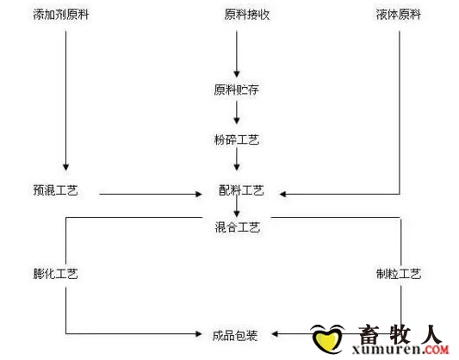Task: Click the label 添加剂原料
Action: point(60,15)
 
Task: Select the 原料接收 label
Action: point(247,15)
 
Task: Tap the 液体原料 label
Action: point(399,15)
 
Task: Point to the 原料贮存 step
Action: point(236,90)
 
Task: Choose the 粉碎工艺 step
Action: point(237,140)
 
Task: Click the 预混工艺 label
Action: point(55,190)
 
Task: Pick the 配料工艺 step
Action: point(241,190)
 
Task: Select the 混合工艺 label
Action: point(238,227)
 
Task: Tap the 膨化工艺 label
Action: point(55,274)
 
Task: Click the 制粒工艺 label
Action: point(399,274)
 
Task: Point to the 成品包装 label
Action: point(235,335)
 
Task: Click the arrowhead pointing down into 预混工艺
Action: point(65,167)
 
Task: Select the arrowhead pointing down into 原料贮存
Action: point(237,74)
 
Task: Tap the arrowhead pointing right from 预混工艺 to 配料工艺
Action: point(199,194)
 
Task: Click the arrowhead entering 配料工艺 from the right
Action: point(282,194)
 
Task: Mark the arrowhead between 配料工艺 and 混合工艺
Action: point(237,214)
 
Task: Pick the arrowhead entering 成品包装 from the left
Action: point(199,333)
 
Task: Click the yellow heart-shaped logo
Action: point(327,339)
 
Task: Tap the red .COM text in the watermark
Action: point(437,349)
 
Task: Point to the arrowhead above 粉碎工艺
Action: point(237,121)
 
